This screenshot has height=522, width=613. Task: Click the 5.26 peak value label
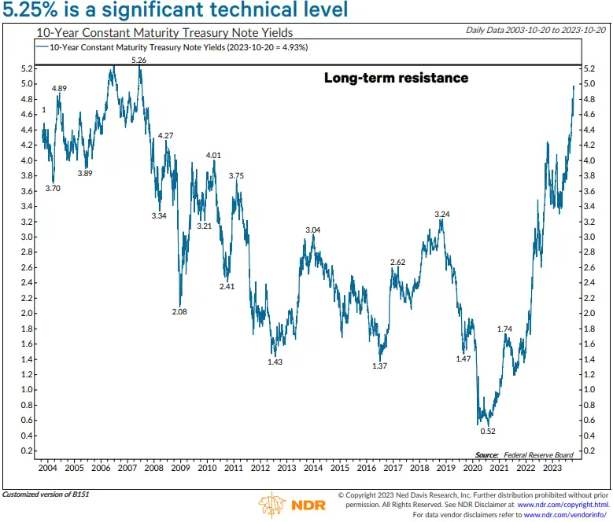point(138,60)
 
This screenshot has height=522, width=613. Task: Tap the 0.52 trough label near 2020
point(488,431)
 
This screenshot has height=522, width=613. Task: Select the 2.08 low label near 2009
point(180,312)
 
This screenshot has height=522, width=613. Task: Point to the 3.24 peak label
point(441,214)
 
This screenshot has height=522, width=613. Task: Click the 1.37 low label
point(381,366)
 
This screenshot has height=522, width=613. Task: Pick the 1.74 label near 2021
point(504,329)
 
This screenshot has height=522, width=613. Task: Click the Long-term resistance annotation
point(396,78)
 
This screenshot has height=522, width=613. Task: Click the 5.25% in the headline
point(35,11)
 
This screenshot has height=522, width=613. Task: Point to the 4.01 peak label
point(212,155)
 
